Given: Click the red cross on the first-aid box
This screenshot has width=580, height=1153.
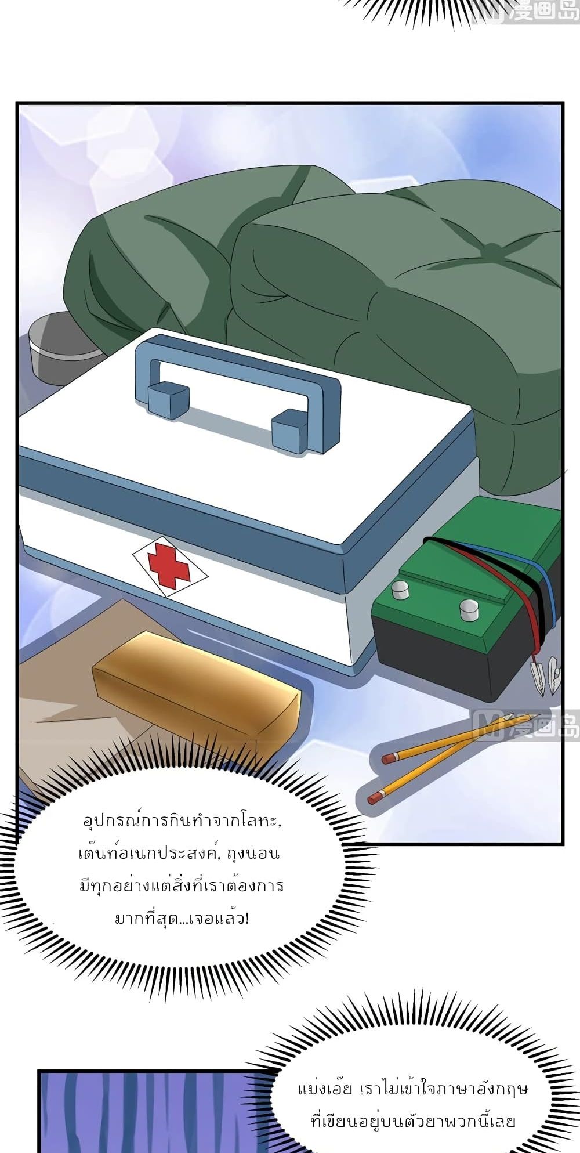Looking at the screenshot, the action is point(169,566).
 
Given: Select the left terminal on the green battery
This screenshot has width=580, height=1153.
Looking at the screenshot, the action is point(400,590).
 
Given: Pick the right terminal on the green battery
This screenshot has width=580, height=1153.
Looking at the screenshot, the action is point(469,610).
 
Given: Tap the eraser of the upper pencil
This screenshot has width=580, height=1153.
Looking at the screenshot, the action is point(389,758).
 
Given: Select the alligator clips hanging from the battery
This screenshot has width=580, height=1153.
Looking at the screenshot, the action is point(545,675).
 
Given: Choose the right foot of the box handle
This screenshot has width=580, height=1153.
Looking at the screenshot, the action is point(289,432).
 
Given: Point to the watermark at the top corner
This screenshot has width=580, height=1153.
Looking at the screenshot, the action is point(525,10).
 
